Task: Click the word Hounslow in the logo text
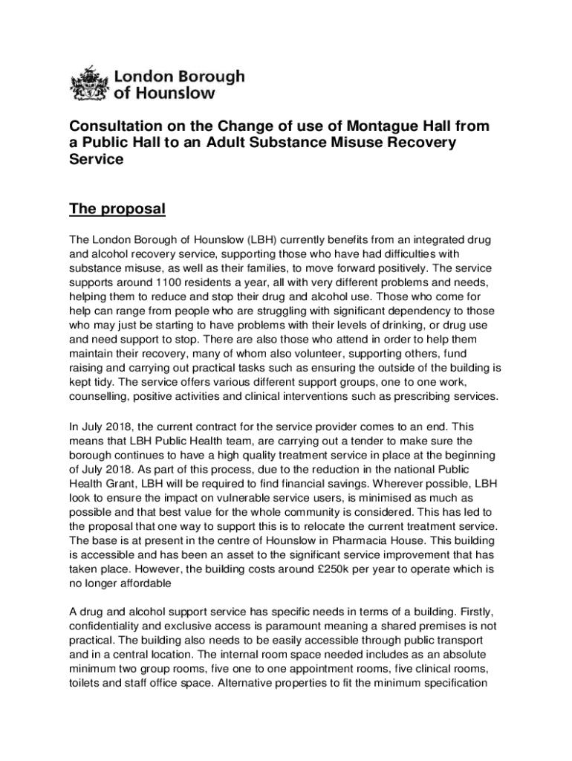tap(176, 94)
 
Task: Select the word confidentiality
tap(106, 625)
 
